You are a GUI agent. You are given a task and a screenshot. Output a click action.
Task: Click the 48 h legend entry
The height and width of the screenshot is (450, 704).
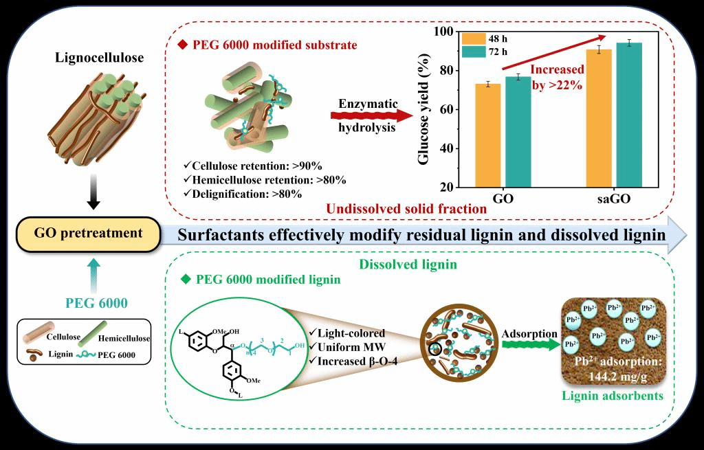[x=481, y=38]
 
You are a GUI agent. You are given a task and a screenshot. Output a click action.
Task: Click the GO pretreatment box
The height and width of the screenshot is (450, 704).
[x=88, y=233]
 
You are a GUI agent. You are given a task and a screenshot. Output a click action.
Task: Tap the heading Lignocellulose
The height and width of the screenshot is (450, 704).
[x=100, y=58]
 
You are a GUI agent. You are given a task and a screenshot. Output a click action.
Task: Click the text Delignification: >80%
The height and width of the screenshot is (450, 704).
[x=247, y=194]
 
